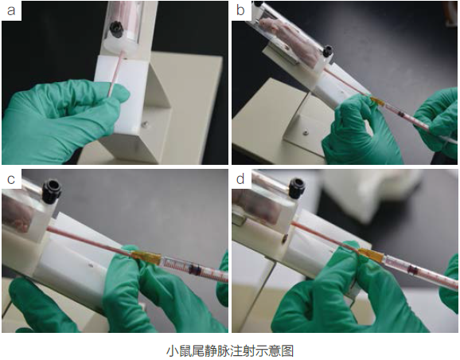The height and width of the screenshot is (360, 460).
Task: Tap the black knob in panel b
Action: coord(327,52)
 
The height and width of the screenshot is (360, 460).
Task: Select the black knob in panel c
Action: coord(53,191)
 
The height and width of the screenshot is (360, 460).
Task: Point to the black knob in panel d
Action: coord(296,189)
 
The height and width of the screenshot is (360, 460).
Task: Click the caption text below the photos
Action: coord(230,350)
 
